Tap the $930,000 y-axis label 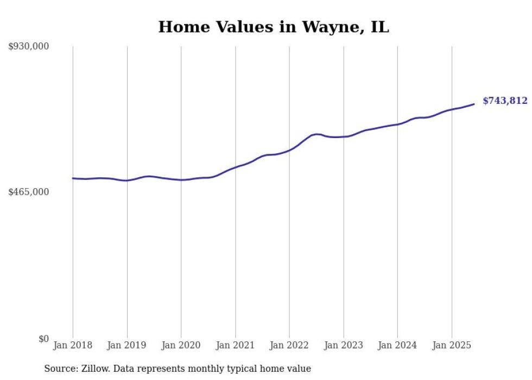[x=29, y=47]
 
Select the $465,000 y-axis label [x=29, y=192]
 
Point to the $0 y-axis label [x=43, y=339]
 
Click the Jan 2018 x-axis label [x=73, y=345]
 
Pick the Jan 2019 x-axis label [x=127, y=345]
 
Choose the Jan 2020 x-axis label [x=181, y=345]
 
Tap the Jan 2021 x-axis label [x=235, y=345]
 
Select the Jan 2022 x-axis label [x=289, y=345]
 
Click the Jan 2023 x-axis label [x=343, y=345]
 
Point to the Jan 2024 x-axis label [x=397, y=345]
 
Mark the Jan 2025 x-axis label [x=452, y=345]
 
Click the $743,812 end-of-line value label [x=505, y=101]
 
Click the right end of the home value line [x=474, y=104]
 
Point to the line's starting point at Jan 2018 [x=73, y=178]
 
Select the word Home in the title [x=181, y=27]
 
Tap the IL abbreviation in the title [x=379, y=27]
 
